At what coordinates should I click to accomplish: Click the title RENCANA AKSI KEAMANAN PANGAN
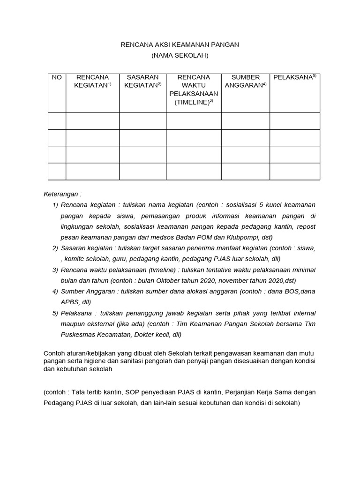click(x=180, y=45)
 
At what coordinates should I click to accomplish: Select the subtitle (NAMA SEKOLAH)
click(x=180, y=55)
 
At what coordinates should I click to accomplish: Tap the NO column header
click(x=57, y=77)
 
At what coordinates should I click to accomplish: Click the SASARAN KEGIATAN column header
click(x=143, y=81)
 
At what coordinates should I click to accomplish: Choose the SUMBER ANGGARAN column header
click(x=246, y=81)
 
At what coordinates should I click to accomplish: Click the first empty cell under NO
click(x=57, y=121)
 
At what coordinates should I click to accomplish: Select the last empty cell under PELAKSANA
click(x=294, y=171)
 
